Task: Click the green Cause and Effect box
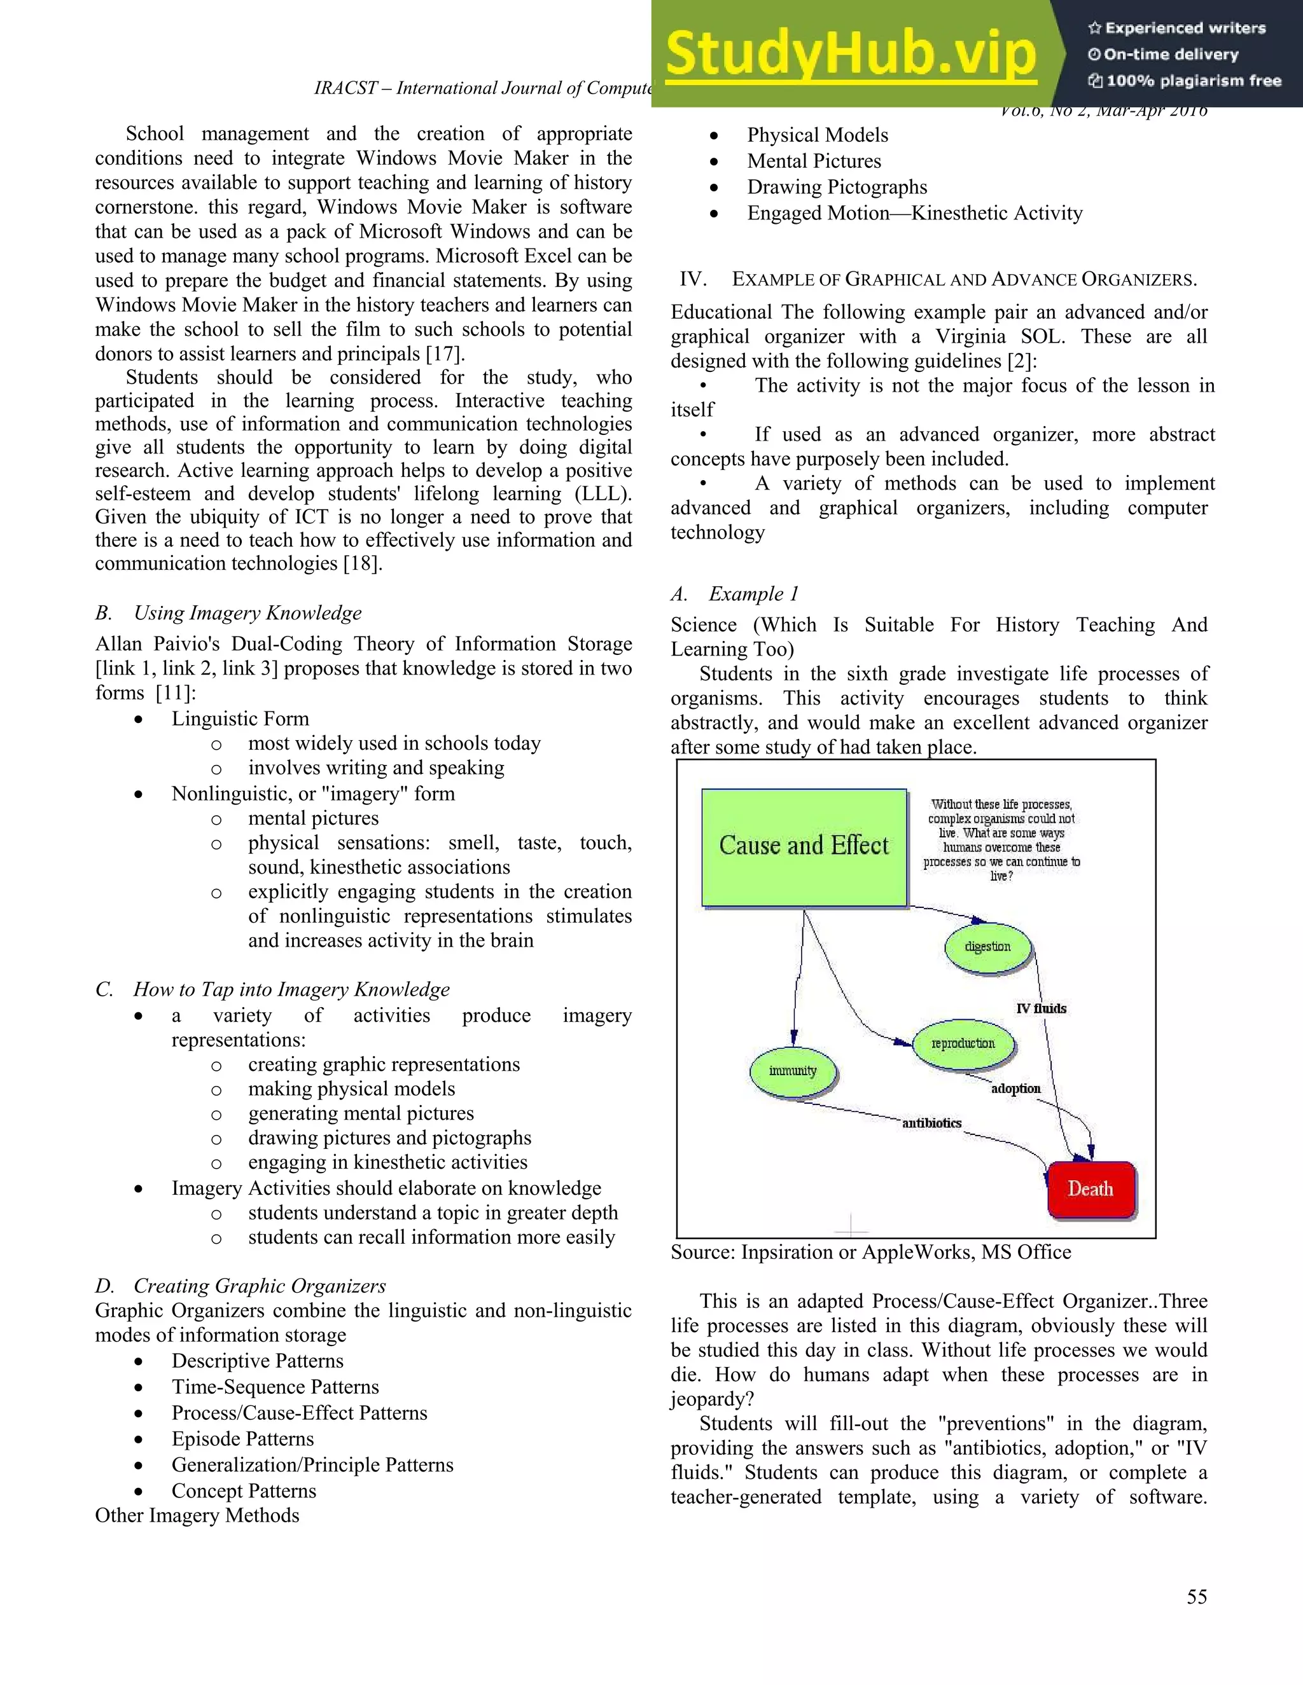pyautogui.click(x=804, y=846)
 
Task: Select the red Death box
pyautogui.click(x=1090, y=1189)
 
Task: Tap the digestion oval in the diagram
pyautogui.click(x=987, y=947)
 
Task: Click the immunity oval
pyautogui.click(x=793, y=1071)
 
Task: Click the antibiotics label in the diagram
pyautogui.click(x=931, y=1124)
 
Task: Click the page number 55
pyautogui.click(x=1197, y=1597)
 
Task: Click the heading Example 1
pyautogui.click(x=753, y=593)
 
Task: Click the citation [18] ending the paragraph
pyautogui.click(x=362, y=563)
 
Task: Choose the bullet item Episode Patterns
pyautogui.click(x=242, y=1439)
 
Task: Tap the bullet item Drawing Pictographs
pyautogui.click(x=837, y=187)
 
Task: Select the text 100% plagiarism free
pyautogui.click(x=1193, y=81)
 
